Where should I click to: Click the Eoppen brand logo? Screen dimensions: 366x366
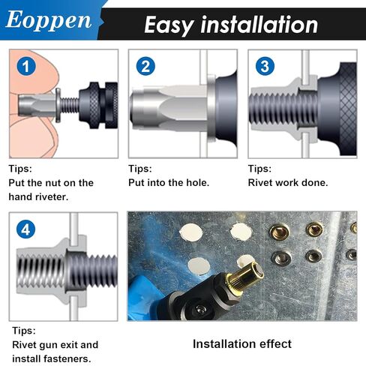point(48,20)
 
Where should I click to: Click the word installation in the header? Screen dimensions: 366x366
point(259,25)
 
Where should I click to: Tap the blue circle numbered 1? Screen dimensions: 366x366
point(26,66)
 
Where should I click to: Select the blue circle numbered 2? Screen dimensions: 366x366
point(145,66)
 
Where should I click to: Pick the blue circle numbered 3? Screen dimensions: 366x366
point(265,66)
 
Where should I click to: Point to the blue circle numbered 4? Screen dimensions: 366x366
point(26,229)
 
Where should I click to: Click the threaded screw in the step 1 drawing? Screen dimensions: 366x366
point(70,105)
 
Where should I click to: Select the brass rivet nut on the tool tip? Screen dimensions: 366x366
point(246,277)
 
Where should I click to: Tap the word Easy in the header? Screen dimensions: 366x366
point(169,25)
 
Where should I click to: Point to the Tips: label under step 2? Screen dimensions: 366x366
point(140,169)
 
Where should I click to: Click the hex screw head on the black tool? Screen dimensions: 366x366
point(200,310)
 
